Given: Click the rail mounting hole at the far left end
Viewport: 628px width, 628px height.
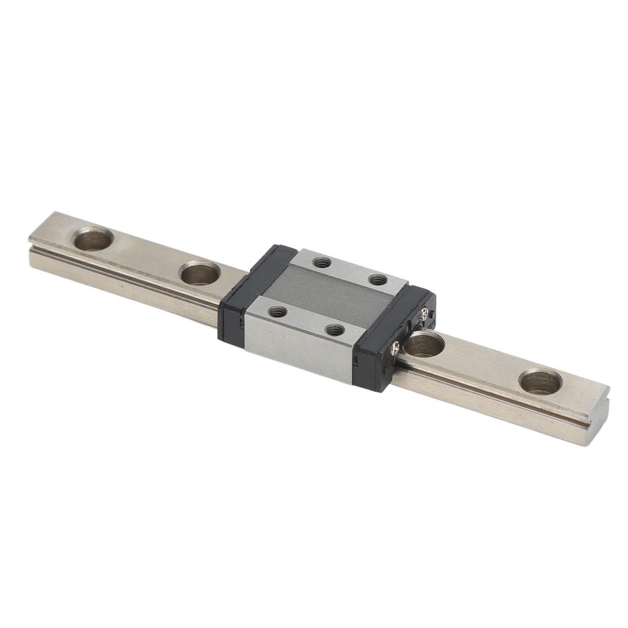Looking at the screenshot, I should pos(93,239).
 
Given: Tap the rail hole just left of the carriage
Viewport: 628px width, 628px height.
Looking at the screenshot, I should pos(200,272).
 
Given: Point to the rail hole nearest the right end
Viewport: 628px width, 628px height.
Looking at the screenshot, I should pos(540,381).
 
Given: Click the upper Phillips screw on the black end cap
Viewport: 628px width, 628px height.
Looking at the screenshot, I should pos(424,313).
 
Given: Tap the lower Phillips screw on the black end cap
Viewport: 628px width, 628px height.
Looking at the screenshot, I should pos(396,348).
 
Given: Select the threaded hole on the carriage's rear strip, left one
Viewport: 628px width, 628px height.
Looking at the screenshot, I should pos(321,262).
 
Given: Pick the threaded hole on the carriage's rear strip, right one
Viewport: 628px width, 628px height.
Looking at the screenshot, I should pos(377,280).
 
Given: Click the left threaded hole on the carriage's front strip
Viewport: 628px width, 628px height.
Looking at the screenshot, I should pos(277,312).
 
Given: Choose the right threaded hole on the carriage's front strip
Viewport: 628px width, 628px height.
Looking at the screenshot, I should pos(334,330).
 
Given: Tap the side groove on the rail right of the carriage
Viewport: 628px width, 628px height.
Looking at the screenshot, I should pos(491,399).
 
